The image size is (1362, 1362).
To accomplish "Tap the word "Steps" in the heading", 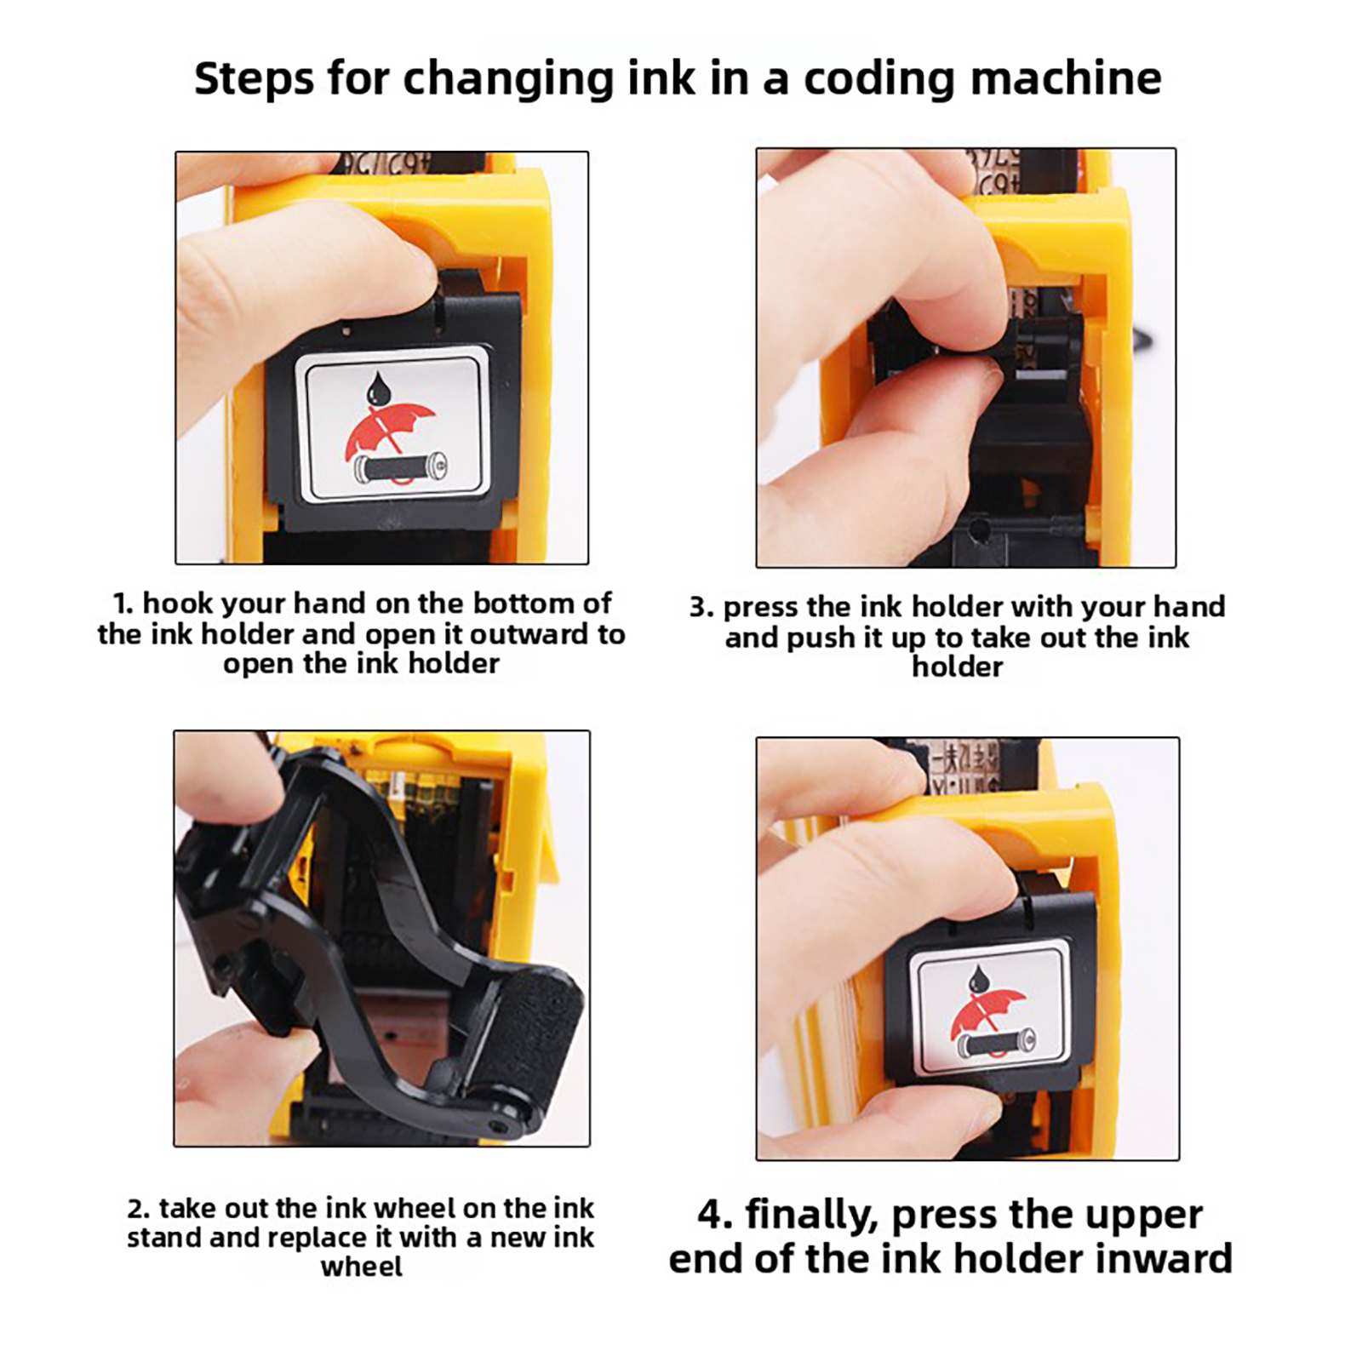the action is [x=255, y=80].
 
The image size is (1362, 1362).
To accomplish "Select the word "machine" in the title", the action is [x=1066, y=78].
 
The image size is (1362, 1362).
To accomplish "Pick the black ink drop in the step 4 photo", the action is [x=980, y=979].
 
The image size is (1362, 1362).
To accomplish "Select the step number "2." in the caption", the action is [x=138, y=1209].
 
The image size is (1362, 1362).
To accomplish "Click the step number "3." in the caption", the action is [x=701, y=607].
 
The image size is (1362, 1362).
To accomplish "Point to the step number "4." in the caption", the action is [x=715, y=1214].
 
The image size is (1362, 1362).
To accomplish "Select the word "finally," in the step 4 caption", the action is [x=811, y=1216].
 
